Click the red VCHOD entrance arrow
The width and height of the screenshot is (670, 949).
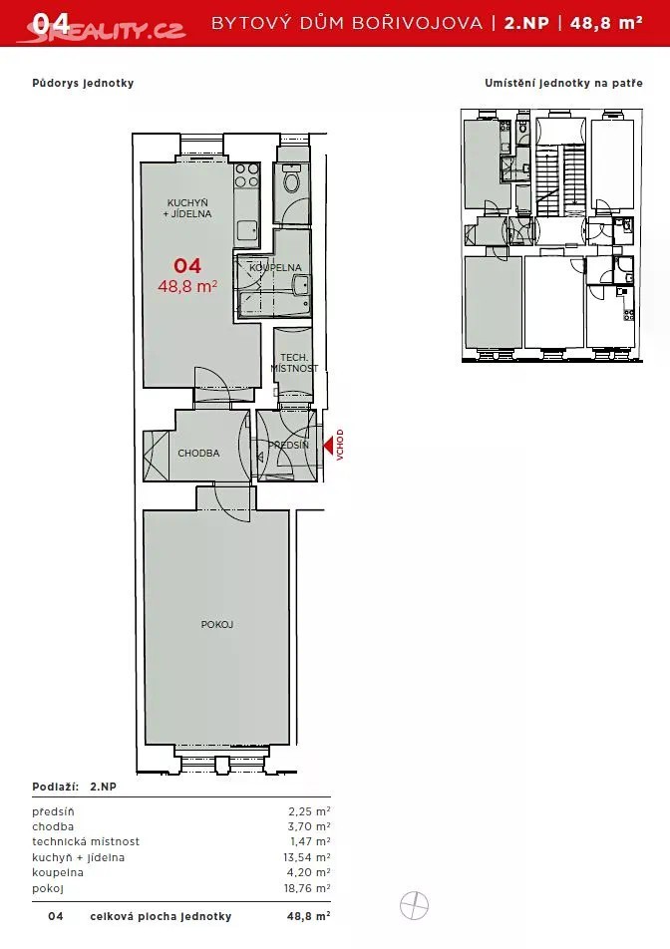pos(328,446)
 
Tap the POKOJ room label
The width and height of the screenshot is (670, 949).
pos(217,625)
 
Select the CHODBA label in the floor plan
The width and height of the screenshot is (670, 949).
pos(198,453)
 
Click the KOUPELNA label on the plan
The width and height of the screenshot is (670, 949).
pos(275,267)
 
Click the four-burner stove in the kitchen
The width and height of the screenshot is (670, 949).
pos(247,175)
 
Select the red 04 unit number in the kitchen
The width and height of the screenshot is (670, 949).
pos(187,266)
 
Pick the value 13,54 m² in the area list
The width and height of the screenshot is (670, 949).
pos(307,857)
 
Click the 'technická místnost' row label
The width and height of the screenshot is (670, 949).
pos(86,841)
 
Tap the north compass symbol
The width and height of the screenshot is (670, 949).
pos(414,906)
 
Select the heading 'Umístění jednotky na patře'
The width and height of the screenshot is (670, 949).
pos(563,83)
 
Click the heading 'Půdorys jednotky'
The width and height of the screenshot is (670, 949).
pos(83,83)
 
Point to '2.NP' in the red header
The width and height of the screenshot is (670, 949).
pos(526,23)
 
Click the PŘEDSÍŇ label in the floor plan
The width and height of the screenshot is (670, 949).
pos(289,445)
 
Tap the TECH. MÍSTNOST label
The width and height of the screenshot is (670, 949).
pos(294,363)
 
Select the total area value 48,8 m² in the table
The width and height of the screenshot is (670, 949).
pos(309,916)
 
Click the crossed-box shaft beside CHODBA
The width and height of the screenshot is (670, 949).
pos(157,456)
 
